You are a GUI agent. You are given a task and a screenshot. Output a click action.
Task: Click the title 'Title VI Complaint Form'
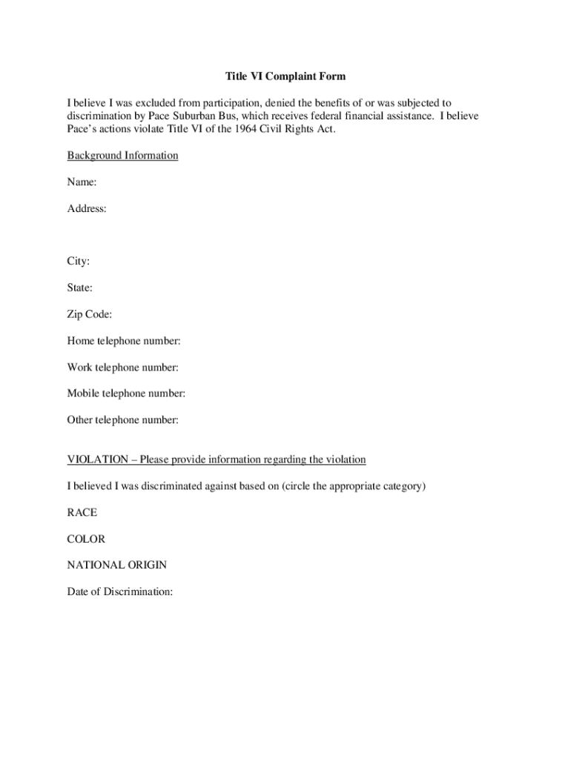(285, 76)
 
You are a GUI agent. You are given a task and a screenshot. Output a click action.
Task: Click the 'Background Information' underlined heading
(122, 156)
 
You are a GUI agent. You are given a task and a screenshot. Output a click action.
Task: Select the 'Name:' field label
(82, 182)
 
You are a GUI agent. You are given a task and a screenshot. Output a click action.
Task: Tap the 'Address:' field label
(87, 209)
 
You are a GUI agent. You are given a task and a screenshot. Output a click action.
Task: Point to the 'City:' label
(79, 262)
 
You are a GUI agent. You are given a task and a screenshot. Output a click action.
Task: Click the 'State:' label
(80, 288)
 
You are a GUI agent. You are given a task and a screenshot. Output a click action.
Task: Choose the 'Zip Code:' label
(90, 314)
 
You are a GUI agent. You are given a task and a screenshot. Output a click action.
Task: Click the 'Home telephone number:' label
(124, 341)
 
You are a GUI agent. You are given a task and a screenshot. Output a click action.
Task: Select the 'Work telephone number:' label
(123, 367)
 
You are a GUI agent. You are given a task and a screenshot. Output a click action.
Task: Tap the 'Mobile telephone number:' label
(126, 394)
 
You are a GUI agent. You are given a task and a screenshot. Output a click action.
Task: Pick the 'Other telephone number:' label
(123, 420)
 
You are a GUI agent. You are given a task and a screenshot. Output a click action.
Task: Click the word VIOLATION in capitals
(97, 460)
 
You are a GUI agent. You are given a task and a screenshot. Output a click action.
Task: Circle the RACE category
(82, 512)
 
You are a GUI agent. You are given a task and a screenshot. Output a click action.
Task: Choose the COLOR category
(86, 539)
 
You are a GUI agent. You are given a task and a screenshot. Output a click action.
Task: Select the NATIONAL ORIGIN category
(117, 565)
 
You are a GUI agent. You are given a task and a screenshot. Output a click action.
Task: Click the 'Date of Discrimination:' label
(120, 591)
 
